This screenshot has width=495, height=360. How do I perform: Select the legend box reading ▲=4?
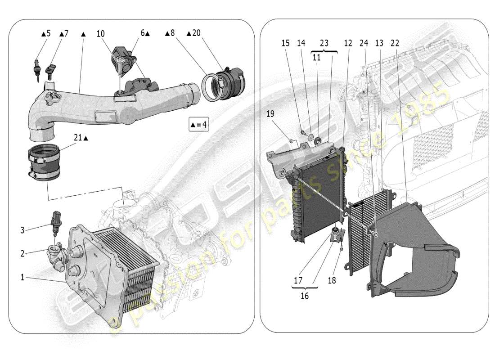[198, 124]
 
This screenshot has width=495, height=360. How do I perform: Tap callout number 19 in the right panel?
[270, 114]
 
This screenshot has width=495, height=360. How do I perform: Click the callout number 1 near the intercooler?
[22, 277]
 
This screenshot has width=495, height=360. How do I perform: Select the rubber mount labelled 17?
[335, 234]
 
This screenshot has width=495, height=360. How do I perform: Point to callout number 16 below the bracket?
[305, 297]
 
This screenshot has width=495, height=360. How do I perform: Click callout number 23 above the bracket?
[324, 43]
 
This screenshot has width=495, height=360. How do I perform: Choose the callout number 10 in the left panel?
[100, 33]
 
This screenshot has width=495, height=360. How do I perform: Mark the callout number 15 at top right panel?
[286, 43]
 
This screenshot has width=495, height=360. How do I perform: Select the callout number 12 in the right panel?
[348, 43]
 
